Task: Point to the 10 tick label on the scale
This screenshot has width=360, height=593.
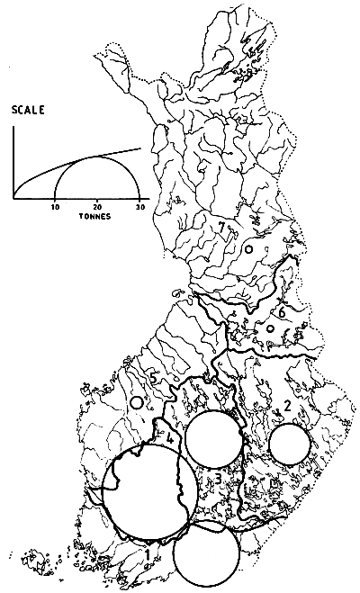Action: click(x=56, y=208)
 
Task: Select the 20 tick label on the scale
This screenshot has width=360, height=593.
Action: click(x=97, y=208)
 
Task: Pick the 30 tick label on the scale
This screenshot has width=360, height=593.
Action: click(x=139, y=208)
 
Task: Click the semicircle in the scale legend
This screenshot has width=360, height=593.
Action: click(x=97, y=158)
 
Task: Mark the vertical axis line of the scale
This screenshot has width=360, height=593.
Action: click(x=13, y=162)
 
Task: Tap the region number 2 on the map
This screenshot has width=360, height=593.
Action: click(x=286, y=406)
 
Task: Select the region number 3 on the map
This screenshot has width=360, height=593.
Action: click(x=218, y=478)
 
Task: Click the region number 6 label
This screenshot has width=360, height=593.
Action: click(x=281, y=312)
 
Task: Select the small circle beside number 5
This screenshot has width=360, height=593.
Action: click(x=137, y=404)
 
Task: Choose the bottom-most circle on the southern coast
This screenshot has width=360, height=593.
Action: click(x=207, y=552)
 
